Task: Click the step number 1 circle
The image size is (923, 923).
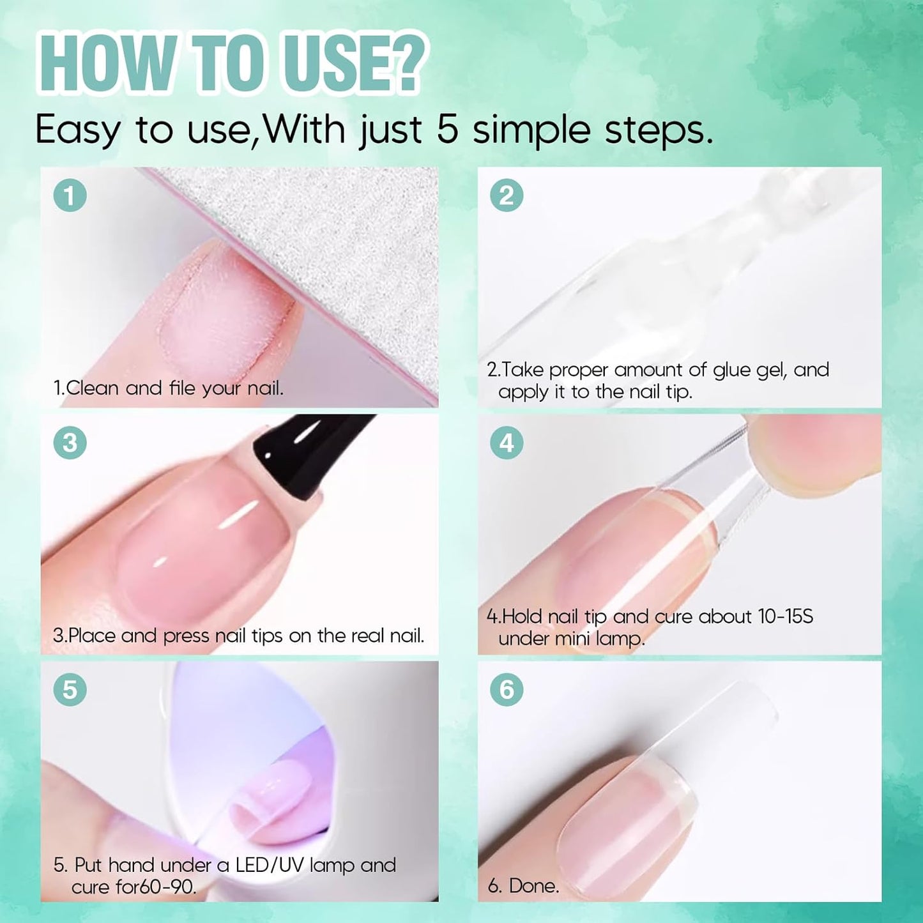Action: (x=70, y=195)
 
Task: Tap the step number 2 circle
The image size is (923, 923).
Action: (x=507, y=195)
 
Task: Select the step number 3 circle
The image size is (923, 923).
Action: (x=70, y=443)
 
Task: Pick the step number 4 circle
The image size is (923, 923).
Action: (x=507, y=443)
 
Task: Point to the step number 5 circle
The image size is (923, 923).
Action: (x=70, y=690)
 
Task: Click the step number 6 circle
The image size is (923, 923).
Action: (x=507, y=690)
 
